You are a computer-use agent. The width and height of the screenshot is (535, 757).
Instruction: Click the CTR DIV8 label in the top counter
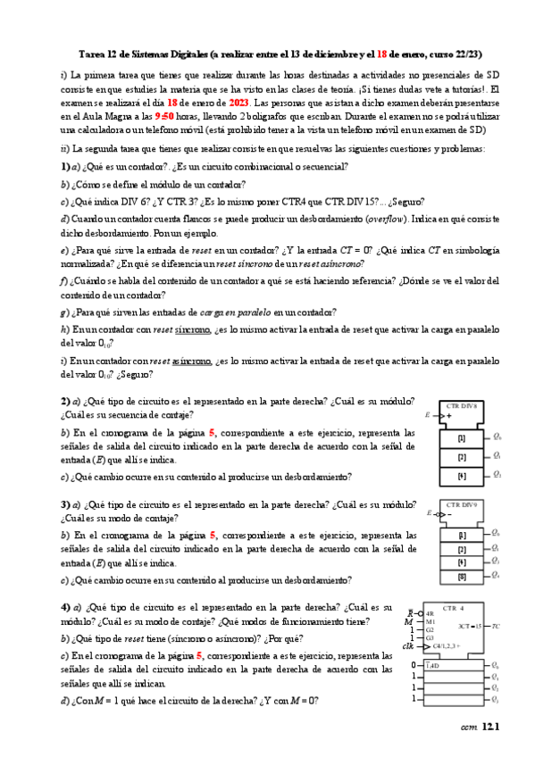click(461, 405)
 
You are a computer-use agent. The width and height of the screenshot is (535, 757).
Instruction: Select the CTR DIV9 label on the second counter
click(461, 504)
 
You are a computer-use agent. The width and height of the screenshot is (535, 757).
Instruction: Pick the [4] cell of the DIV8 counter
click(462, 475)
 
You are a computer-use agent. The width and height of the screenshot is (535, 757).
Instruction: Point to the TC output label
click(496, 626)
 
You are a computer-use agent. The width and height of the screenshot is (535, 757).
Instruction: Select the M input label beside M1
click(408, 621)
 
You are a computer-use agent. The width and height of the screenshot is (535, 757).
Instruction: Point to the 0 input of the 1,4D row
click(414, 665)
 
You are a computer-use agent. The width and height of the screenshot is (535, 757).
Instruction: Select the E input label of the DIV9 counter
click(428, 515)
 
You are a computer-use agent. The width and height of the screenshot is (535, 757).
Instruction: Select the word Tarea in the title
click(83, 54)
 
